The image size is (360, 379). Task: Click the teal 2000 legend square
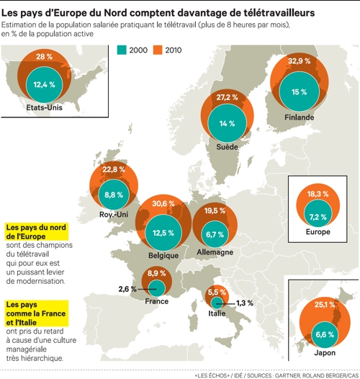(122, 49)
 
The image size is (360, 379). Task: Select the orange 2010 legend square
(158, 49)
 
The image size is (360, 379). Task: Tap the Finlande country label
(298, 117)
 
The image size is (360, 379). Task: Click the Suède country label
(228, 146)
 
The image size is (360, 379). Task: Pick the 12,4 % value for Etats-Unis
(45, 84)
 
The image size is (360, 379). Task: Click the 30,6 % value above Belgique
(164, 204)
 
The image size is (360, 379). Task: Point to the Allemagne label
(215, 253)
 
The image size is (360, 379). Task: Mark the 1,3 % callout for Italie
(245, 303)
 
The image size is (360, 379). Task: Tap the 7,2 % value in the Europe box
(318, 216)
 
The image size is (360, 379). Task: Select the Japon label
(324, 354)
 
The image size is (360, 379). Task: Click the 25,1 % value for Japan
(324, 304)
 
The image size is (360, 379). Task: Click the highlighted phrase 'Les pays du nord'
(35, 227)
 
